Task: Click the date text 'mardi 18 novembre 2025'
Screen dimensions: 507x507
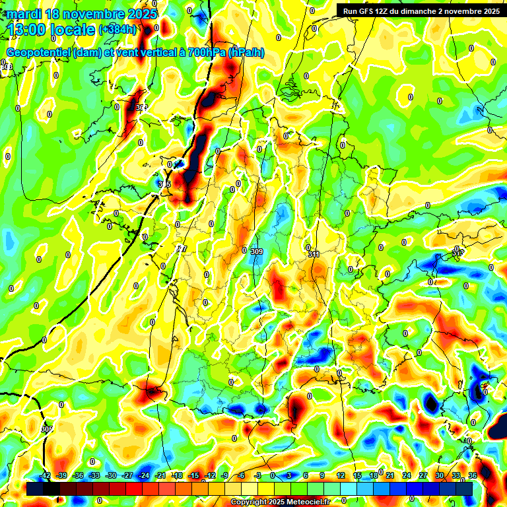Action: [82, 14]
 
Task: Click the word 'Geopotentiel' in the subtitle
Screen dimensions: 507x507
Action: [38, 53]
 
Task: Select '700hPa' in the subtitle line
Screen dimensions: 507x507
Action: [207, 53]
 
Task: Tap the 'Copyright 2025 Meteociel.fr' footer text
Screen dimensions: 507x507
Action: [279, 502]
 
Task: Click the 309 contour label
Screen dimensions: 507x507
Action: [257, 252]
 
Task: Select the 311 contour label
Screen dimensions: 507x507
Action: [314, 254]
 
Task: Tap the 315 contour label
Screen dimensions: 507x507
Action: [165, 184]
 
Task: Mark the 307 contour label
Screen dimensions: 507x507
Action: [182, 249]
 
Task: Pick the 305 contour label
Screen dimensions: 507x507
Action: [46, 429]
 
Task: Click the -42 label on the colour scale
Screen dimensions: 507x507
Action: [46, 475]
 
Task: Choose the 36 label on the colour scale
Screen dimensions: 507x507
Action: [473, 475]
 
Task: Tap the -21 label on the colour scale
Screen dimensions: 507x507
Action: [160, 475]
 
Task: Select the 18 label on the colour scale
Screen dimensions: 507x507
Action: [374, 475]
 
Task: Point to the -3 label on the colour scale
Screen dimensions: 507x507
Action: [258, 475]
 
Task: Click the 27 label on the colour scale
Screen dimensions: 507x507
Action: [423, 475]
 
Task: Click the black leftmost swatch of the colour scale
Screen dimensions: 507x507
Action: [35, 489]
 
